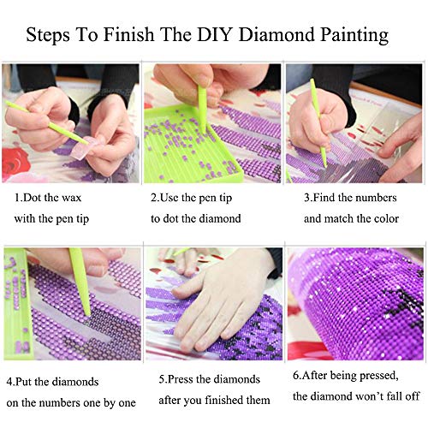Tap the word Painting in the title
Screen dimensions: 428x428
tap(354, 36)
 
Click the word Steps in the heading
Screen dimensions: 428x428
tap(48, 36)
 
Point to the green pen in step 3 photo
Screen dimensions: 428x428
tap(318, 122)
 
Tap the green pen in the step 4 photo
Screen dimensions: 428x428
tap(80, 282)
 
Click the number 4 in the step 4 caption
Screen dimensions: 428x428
tap(9, 382)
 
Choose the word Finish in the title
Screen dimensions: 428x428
tap(129, 34)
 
